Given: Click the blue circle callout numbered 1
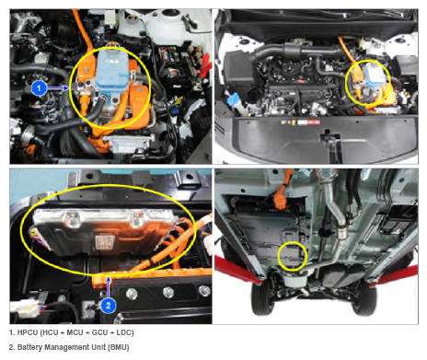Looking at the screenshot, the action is pyautogui.click(x=39, y=88).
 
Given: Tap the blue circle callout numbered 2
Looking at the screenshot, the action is pyautogui.click(x=108, y=306).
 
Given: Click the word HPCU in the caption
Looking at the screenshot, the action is pyautogui.click(x=28, y=332).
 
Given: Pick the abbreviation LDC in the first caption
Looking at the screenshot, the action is pyautogui.click(x=124, y=332).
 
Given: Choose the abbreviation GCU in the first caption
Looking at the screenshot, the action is pyautogui.click(x=99, y=332).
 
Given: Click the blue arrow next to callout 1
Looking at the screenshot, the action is pyautogui.click(x=58, y=88).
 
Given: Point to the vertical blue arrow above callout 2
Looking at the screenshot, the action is pyautogui.click(x=108, y=287).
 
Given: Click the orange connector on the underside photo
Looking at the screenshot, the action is pyautogui.click(x=281, y=198).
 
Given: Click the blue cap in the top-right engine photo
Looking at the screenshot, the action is pyautogui.click(x=234, y=99).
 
